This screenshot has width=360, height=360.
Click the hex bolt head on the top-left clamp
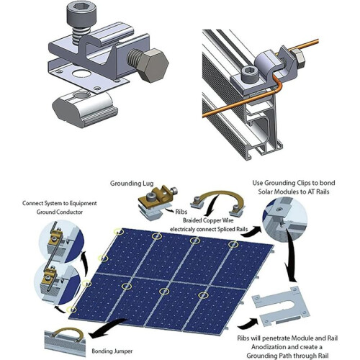point(153,66)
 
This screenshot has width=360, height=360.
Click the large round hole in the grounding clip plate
point(81,73)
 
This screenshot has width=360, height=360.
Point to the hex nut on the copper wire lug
point(300,58)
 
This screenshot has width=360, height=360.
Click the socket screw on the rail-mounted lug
point(250,73)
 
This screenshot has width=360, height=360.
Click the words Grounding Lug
point(132,184)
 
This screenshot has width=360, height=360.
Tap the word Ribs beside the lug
point(181,212)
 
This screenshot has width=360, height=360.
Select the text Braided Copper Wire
point(208,220)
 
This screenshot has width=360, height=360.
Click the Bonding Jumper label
point(112,351)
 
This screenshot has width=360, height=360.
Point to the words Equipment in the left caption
point(81,203)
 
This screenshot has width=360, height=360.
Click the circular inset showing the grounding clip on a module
point(285,220)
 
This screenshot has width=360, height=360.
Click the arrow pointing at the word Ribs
point(170,210)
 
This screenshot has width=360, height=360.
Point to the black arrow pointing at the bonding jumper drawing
point(108,327)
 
